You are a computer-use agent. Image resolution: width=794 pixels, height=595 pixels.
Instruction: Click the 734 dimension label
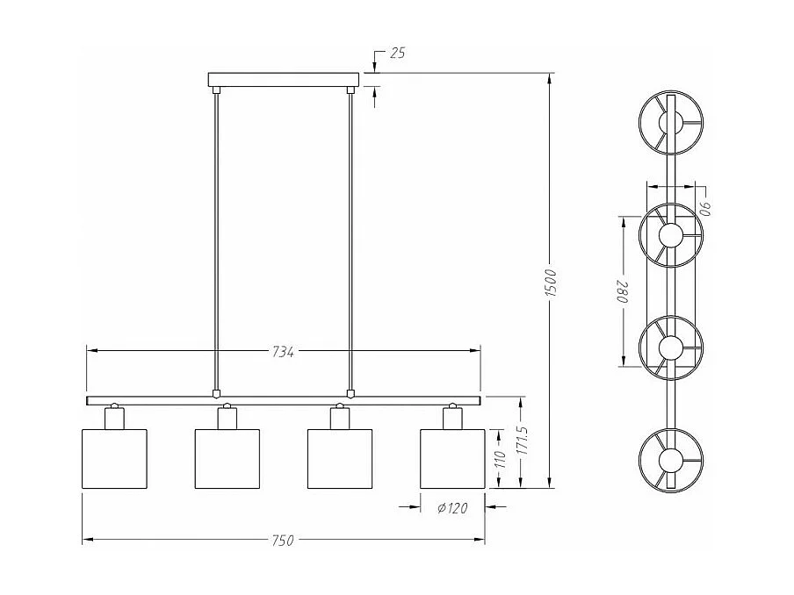tap(282, 352)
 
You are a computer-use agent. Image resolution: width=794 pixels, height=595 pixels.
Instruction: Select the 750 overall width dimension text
tap(281, 541)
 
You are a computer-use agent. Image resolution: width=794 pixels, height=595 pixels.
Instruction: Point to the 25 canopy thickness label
tap(396, 54)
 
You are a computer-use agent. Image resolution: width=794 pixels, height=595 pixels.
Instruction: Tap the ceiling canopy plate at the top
tap(283, 81)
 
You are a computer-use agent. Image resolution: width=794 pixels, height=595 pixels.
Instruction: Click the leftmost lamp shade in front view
tap(114, 458)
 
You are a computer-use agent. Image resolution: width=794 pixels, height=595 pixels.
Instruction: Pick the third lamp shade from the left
tap(340, 458)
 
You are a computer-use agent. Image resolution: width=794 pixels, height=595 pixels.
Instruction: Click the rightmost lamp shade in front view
tap(452, 458)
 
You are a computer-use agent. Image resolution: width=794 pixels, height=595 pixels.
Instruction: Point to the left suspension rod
tap(216, 237)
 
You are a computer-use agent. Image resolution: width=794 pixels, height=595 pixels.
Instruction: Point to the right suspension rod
tap(350, 237)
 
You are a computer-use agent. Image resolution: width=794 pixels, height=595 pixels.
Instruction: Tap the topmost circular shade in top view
tap(670, 122)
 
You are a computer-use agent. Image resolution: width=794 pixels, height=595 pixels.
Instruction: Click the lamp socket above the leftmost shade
tap(113, 417)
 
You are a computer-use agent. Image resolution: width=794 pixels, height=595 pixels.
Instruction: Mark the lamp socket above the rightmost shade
tap(452, 417)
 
